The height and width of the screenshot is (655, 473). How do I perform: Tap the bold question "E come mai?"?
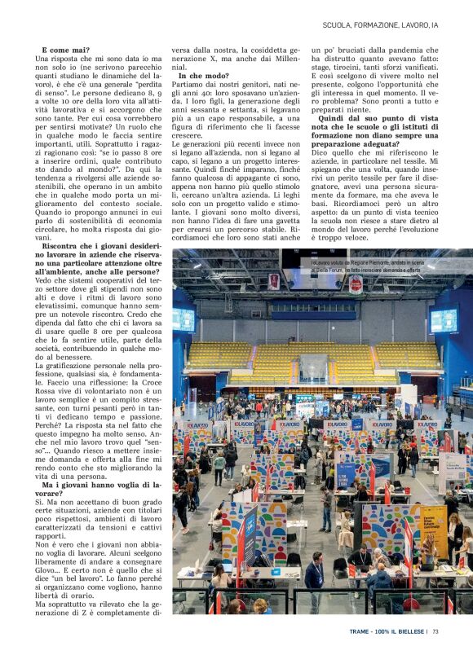click(66, 51)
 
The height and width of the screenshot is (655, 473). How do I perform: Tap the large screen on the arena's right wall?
click(443, 319)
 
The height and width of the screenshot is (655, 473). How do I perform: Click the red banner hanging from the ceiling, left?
click(274, 281)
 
